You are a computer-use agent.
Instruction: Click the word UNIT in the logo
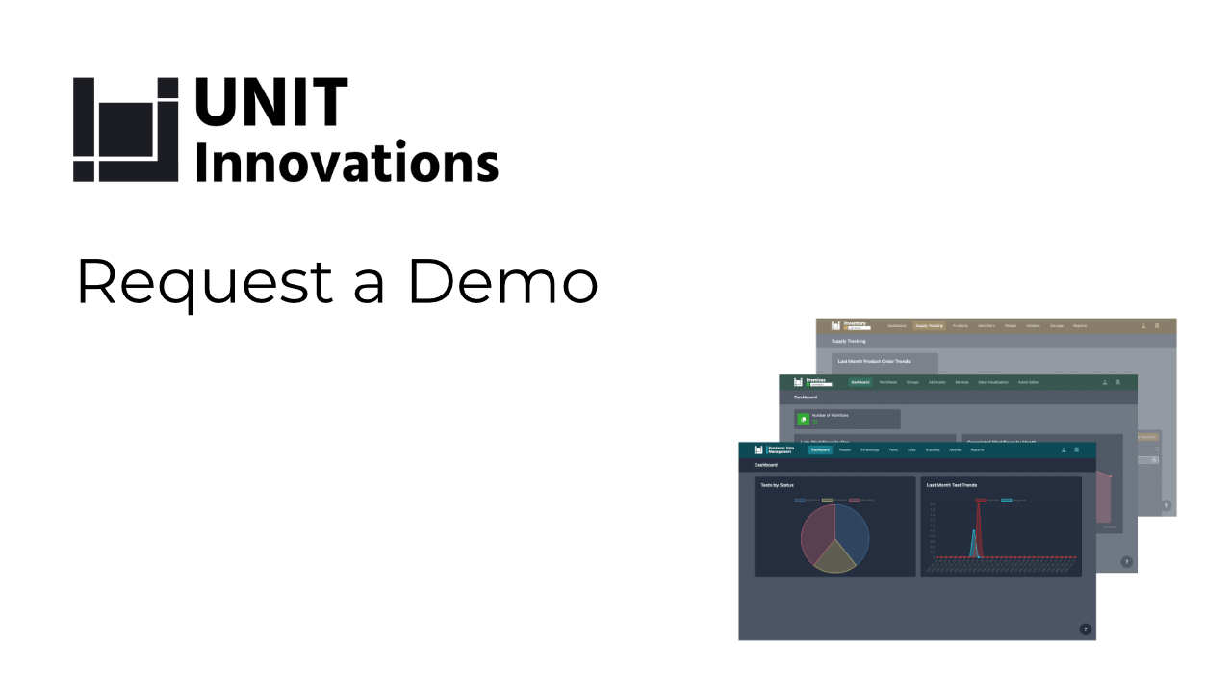point(271,103)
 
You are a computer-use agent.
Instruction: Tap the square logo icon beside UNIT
point(126,130)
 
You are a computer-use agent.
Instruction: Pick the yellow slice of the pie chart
point(834,559)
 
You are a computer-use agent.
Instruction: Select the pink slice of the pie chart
point(817,532)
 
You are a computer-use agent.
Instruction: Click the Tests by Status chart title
point(778,485)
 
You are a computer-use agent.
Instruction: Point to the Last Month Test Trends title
point(952,485)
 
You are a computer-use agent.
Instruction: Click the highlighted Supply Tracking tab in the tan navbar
point(930,326)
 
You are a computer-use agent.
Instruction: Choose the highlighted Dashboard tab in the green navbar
point(860,382)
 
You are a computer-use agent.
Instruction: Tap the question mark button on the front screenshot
point(1086,629)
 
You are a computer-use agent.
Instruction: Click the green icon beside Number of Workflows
point(803,419)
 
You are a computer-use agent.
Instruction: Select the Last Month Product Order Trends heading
point(874,362)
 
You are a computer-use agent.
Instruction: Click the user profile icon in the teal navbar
point(1064,449)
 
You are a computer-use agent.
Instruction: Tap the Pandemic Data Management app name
point(781,449)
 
